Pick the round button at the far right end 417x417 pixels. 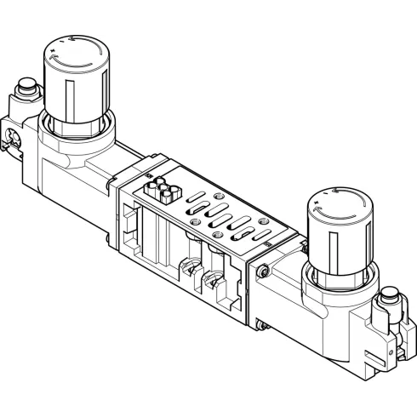pos(391,298)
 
